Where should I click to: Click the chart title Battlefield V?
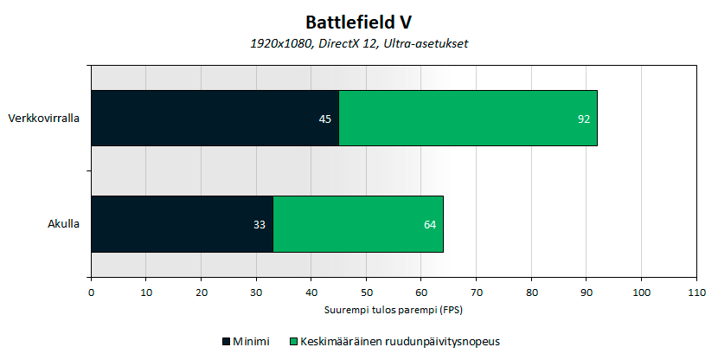(359, 21)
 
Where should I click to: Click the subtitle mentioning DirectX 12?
(359, 43)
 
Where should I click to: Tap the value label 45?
(325, 119)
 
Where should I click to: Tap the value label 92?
(584, 119)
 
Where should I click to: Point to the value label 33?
(260, 225)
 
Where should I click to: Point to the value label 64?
(430, 225)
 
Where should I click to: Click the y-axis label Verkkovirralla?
(44, 119)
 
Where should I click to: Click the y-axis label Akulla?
(64, 225)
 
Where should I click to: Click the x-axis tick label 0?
(91, 293)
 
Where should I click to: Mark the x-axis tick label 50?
(366, 293)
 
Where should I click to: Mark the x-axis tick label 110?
(696, 293)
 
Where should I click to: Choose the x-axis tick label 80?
(531, 293)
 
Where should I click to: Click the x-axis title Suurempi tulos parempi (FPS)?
(394, 309)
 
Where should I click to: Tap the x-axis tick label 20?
(201, 293)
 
